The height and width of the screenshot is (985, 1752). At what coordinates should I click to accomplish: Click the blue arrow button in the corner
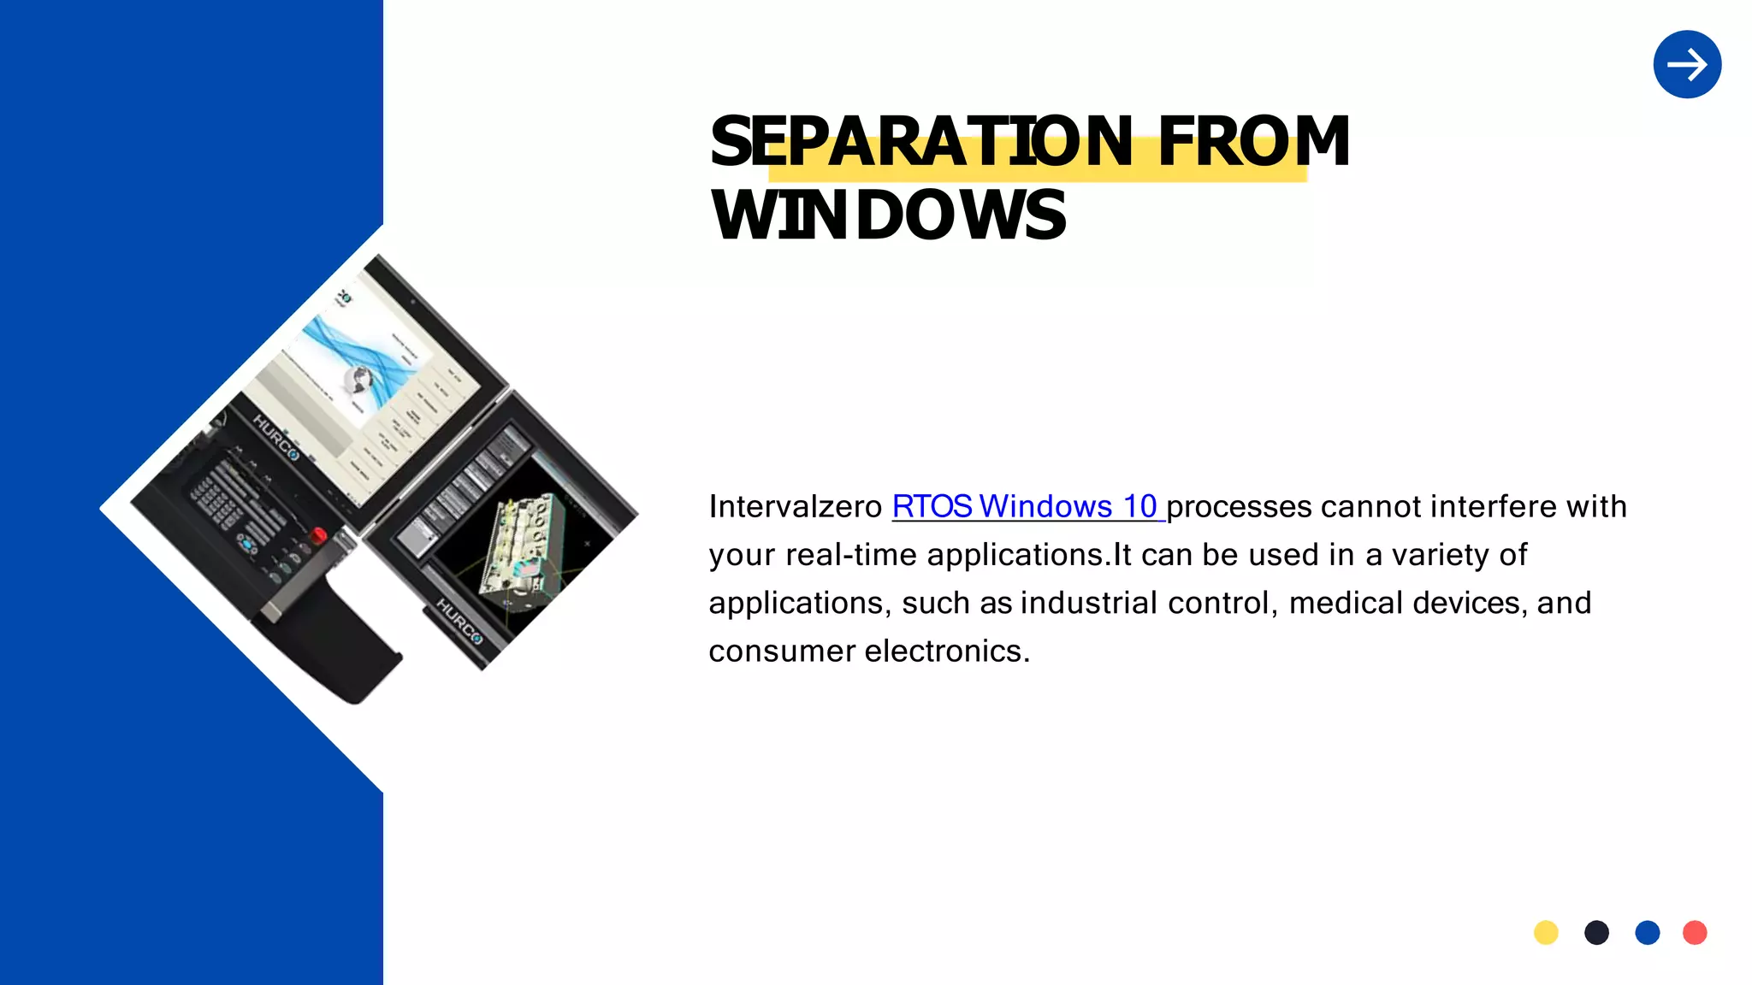(x=1687, y=64)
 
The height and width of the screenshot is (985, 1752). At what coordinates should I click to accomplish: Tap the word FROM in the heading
(x=1253, y=142)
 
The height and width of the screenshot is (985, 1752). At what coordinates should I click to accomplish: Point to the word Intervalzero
(x=795, y=506)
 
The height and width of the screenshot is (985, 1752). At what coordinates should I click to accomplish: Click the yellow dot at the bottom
(x=1546, y=932)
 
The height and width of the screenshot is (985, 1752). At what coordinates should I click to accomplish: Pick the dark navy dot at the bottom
(x=1596, y=932)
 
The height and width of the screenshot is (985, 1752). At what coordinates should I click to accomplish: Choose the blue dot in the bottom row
(x=1647, y=932)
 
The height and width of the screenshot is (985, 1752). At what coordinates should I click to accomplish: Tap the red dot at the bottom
(x=1695, y=932)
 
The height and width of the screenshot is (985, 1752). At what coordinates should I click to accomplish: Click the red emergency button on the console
(x=318, y=536)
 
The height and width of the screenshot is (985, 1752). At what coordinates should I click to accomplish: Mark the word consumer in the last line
(x=782, y=651)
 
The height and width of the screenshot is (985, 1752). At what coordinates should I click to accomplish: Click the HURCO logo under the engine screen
(x=459, y=622)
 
